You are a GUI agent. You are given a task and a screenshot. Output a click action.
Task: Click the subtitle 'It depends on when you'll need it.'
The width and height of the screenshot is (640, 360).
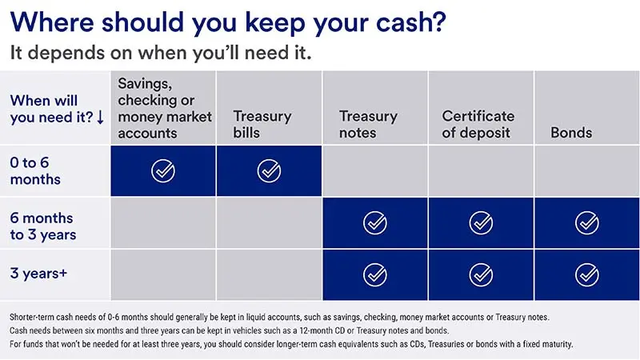click(160, 54)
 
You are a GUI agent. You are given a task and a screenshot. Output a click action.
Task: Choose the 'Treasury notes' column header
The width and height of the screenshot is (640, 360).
click(368, 124)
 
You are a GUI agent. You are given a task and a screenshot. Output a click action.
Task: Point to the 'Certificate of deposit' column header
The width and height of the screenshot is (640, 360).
click(478, 124)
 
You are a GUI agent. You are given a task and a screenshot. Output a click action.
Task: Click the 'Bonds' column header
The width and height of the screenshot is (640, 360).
click(571, 132)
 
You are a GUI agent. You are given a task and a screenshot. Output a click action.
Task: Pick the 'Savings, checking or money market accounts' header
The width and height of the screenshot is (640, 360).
click(165, 108)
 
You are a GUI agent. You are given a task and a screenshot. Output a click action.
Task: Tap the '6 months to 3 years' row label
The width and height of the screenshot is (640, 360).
click(42, 226)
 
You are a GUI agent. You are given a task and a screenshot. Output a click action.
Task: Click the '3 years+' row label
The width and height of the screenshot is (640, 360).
click(39, 274)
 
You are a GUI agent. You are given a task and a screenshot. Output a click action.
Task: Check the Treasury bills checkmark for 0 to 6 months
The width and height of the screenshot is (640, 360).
click(269, 170)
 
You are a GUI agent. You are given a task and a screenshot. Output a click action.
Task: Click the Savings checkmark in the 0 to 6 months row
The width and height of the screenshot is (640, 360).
click(163, 170)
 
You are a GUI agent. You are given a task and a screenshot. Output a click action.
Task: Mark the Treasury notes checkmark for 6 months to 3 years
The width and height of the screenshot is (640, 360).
click(374, 222)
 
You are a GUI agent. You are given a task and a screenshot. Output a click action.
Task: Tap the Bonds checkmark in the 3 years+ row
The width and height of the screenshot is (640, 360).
click(586, 274)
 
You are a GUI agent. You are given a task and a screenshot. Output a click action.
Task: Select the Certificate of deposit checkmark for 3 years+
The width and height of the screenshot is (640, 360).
click(481, 274)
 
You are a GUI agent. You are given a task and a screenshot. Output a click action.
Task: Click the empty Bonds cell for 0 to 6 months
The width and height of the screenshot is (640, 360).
click(586, 170)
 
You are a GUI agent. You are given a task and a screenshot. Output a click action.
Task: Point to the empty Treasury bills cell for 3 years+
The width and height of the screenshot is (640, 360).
click(269, 274)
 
